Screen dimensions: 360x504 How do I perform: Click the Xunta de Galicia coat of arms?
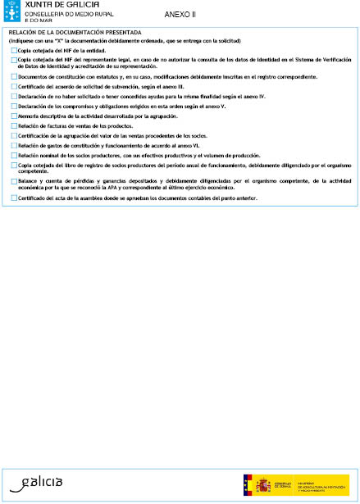click(x=12, y=12)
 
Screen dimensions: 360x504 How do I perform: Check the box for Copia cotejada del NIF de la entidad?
click(x=14, y=50)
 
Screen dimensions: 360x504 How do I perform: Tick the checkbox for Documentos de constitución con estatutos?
click(x=14, y=76)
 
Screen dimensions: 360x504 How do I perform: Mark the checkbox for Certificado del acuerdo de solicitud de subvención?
click(x=14, y=85)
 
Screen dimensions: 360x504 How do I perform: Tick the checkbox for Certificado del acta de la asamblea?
click(x=14, y=199)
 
